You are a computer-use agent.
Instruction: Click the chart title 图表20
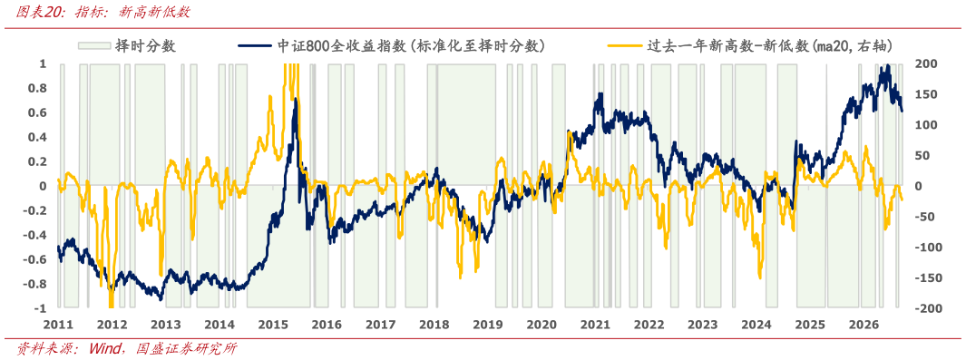coord(39,13)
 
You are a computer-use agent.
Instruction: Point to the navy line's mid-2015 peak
coord(296,99)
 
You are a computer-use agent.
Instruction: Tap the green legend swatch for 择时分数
coord(94,46)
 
